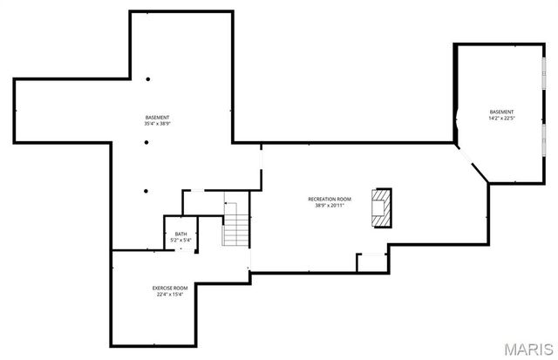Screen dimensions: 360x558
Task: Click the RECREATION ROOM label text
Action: [330, 200]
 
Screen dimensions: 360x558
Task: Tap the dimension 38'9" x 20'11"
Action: [330, 207]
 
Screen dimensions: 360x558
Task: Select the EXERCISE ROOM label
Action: [170, 288]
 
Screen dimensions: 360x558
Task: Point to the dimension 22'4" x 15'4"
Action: [170, 295]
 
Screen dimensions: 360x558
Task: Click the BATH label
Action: [180, 234]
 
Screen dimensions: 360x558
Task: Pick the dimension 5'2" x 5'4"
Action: [180, 240]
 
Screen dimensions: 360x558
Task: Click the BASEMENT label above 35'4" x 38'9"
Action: [157, 118]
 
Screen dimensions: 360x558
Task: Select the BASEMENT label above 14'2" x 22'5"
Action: [501, 112]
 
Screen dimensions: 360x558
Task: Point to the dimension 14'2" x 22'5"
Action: [501, 119]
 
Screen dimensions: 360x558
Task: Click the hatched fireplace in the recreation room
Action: [382, 207]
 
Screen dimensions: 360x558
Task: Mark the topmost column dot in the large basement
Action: [147, 79]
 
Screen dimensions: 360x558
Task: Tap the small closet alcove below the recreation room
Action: [371, 262]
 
